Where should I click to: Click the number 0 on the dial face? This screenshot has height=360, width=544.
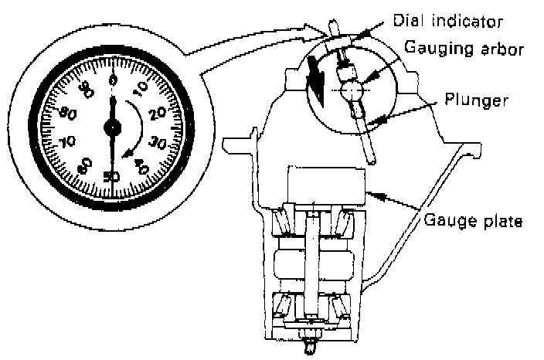[x=113, y=78]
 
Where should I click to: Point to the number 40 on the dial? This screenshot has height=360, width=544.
[x=141, y=165]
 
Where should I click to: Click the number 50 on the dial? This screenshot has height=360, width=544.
[x=111, y=175]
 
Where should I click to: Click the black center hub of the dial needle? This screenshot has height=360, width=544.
[x=113, y=126]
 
